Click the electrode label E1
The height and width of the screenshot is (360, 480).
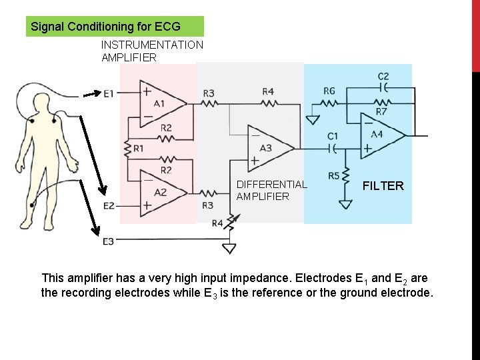(109, 93)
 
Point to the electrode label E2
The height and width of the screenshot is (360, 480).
(109, 206)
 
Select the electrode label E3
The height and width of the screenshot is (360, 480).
(109, 241)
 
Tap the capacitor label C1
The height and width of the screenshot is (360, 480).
(333, 136)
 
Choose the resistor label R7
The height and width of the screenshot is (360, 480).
(381, 111)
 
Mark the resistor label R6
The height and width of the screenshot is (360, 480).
(329, 91)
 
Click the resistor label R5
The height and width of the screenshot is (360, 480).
(334, 176)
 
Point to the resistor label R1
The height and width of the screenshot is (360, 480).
(138, 148)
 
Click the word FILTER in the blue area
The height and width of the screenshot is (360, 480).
(383, 186)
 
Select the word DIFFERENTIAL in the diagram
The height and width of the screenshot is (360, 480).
(271, 184)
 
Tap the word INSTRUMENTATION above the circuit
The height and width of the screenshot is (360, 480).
(152, 45)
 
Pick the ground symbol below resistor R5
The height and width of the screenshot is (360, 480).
(345, 204)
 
